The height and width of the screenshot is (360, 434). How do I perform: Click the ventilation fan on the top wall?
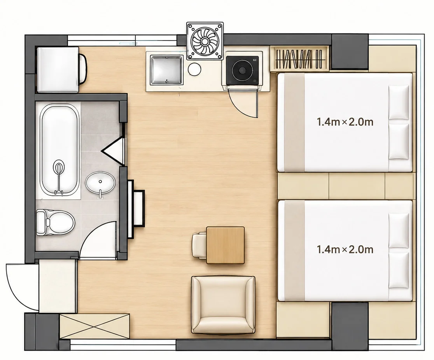coord(205,41)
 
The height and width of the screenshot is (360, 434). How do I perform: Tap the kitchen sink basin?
coord(166,70)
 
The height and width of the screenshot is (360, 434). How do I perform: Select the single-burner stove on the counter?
coord(242,70)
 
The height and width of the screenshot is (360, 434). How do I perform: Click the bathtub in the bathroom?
coord(59,149)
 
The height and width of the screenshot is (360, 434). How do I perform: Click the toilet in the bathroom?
coord(55,222)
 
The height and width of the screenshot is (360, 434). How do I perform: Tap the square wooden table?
coord(225,245)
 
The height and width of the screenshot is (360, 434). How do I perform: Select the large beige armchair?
coord(223,305)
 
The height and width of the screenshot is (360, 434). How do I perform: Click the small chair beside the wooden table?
coord(199,246)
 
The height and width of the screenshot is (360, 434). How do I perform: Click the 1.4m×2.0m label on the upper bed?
coord(345,122)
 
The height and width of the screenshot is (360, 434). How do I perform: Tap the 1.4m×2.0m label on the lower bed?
coord(345,249)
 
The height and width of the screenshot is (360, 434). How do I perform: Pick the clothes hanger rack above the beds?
coord(299,58)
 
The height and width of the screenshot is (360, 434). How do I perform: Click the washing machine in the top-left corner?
coord(61,70)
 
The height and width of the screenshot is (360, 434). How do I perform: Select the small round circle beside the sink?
coord(194,69)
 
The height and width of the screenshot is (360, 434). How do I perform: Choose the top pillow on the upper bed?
coord(399,102)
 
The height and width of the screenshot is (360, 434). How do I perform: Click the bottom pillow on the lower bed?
coord(399,270)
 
